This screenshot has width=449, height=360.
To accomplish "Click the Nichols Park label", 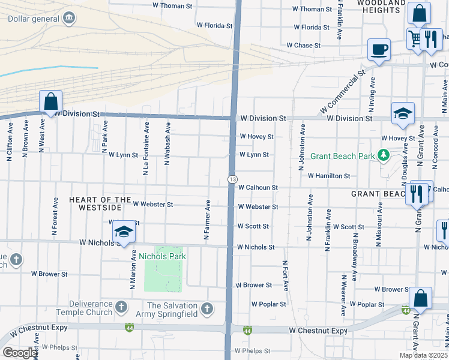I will tap(162, 256).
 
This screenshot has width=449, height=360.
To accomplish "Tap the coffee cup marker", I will tap(379, 49).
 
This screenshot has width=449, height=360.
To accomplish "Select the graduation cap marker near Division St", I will tap(403, 113).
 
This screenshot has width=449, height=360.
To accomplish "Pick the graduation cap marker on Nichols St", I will tap(124, 232).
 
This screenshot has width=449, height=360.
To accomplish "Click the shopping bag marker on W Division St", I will tap(51, 101).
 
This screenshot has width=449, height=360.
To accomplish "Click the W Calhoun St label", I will tap(258, 187).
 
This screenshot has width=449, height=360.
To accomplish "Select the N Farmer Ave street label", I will tap(206, 220).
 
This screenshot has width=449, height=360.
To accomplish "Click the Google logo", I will tap(20, 353).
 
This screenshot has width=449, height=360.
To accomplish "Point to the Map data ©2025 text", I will tap(423, 355).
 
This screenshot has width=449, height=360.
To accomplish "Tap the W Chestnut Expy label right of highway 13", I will tap(318, 331).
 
